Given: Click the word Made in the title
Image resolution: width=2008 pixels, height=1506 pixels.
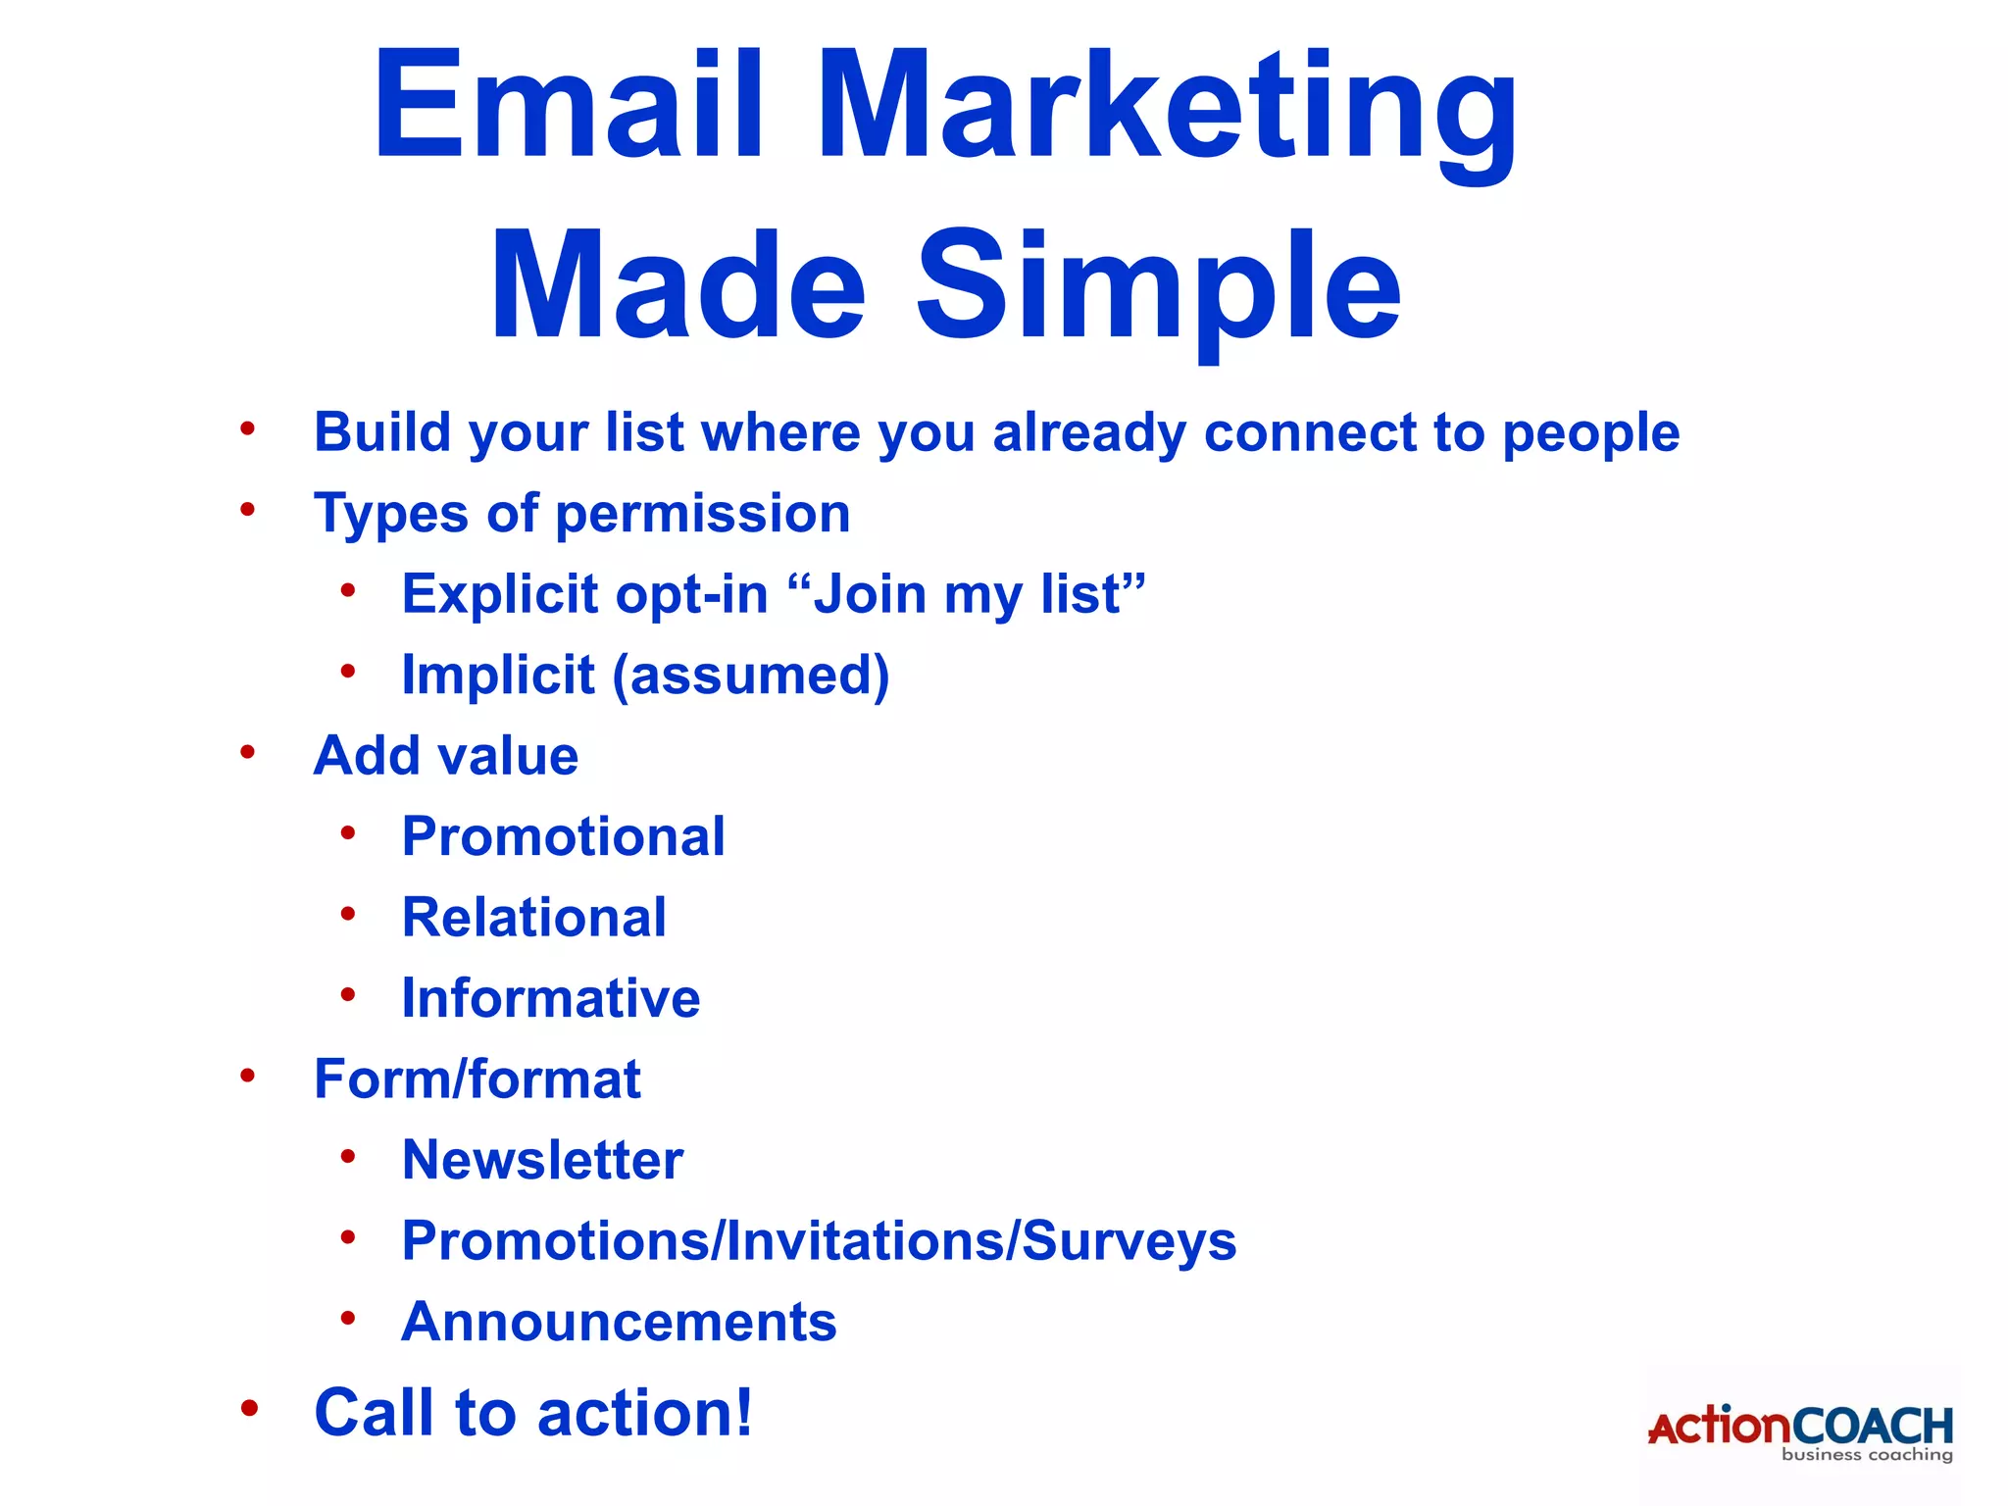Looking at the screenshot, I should pos(678,285).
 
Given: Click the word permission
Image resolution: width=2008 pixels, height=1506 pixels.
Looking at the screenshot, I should pos(702,514).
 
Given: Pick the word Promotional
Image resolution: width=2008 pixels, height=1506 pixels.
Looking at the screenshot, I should pos(564,837).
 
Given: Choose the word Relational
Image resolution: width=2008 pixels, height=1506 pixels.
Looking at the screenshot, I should pos(534,918).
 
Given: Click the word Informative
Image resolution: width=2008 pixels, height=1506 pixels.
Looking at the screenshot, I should pos(551,999).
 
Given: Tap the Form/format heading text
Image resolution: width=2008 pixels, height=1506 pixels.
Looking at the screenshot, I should pos(477,1079).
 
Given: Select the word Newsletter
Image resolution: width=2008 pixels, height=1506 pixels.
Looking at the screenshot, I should pos(542,1161).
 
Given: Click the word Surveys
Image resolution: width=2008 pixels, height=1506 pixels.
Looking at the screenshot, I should pos(1129,1241).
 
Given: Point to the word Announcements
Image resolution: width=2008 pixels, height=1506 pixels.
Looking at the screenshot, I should pos(620,1322).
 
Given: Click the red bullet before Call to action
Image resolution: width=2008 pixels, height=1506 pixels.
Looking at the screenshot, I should pos(249,1409).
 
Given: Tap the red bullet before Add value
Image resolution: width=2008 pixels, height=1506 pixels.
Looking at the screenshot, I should pos(248,752).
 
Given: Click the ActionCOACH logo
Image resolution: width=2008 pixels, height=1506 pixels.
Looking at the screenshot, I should pos(1800,1431).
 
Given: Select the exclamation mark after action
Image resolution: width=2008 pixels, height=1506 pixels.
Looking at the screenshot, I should pos(743,1412).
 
